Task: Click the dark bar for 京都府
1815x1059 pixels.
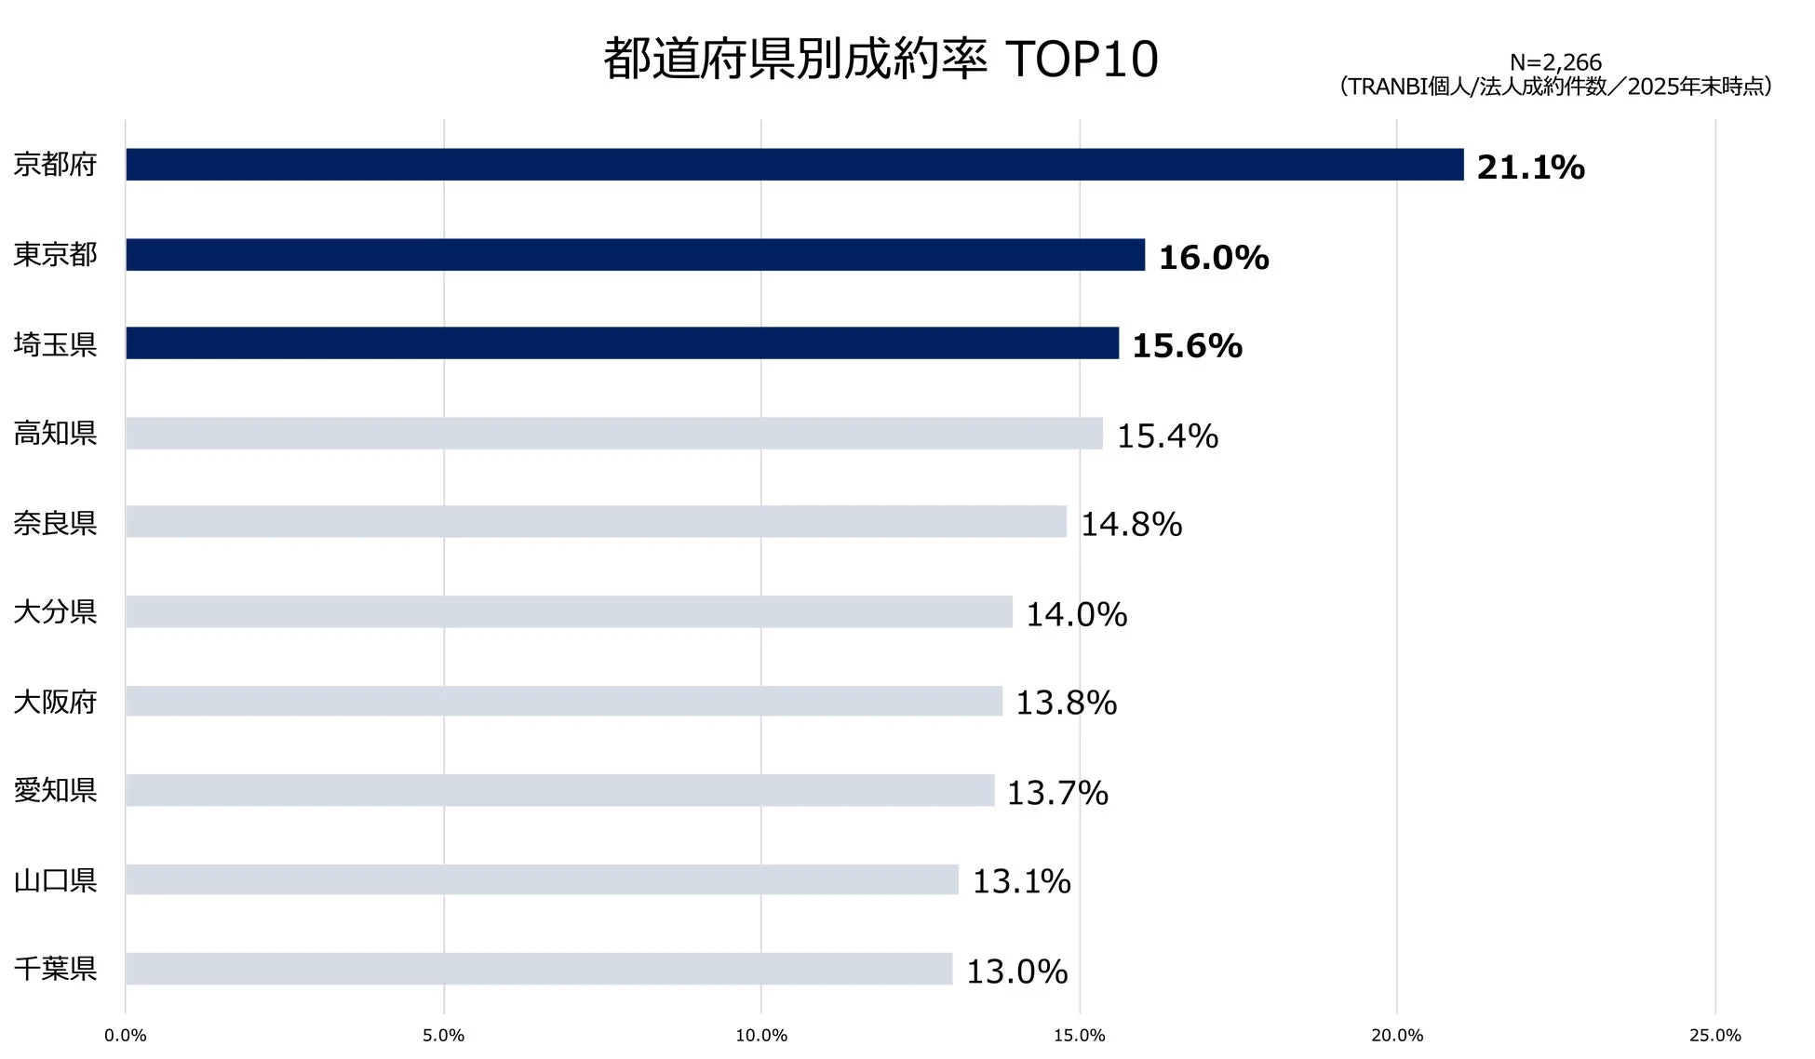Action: (x=794, y=165)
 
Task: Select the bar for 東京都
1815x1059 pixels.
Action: (x=635, y=255)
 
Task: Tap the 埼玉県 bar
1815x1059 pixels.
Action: (x=622, y=343)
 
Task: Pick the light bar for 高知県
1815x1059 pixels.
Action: (x=614, y=434)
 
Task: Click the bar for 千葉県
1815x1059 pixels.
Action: (x=539, y=969)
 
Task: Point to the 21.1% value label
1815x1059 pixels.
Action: (x=1530, y=168)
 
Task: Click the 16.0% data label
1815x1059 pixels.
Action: (x=1213, y=258)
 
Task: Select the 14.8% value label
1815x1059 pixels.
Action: (x=1131, y=525)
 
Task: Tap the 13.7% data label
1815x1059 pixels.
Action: (x=1057, y=794)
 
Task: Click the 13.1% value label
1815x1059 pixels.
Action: (x=1021, y=882)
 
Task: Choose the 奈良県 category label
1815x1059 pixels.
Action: (x=55, y=523)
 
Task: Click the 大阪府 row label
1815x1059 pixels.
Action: (x=55, y=702)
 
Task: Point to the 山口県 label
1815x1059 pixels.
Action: (x=55, y=880)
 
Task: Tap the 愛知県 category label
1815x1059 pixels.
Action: (x=55, y=791)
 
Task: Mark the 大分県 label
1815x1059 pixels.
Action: (x=55, y=612)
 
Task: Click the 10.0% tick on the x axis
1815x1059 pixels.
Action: (x=761, y=1036)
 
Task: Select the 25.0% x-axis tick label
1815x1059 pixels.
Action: (x=1714, y=1036)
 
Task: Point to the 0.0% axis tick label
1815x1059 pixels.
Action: (x=126, y=1036)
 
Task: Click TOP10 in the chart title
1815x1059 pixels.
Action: (x=1082, y=60)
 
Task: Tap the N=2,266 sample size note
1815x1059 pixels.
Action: (x=1555, y=62)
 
